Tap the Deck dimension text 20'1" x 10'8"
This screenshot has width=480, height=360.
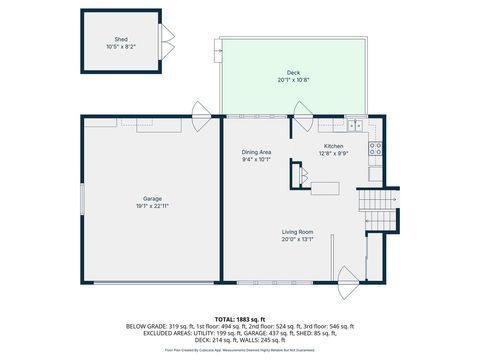click(293, 80)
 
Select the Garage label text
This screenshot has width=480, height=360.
click(152, 198)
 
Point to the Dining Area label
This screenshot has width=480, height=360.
click(257, 152)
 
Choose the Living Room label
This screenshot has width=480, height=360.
click(297, 232)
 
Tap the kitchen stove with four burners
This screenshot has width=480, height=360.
click(375, 150)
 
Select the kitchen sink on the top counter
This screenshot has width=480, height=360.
click(354, 125)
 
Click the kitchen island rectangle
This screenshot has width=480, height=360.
click(324, 187)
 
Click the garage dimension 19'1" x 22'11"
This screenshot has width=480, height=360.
click(152, 205)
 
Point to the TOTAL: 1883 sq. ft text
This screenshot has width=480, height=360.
click(239, 318)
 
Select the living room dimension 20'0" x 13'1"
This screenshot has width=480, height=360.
click(297, 239)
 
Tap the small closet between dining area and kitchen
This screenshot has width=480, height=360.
click(295, 175)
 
